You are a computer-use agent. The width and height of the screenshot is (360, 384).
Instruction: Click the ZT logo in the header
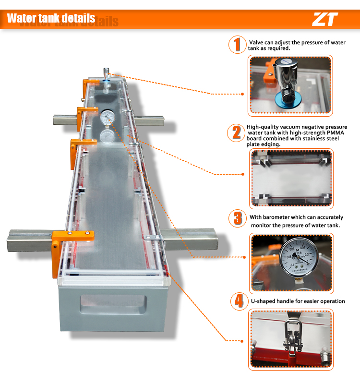325,19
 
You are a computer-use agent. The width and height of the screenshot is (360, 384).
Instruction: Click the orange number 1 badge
236,45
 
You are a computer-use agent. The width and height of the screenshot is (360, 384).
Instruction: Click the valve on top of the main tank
106,74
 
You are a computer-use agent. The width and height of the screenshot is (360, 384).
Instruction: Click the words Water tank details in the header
51,18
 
